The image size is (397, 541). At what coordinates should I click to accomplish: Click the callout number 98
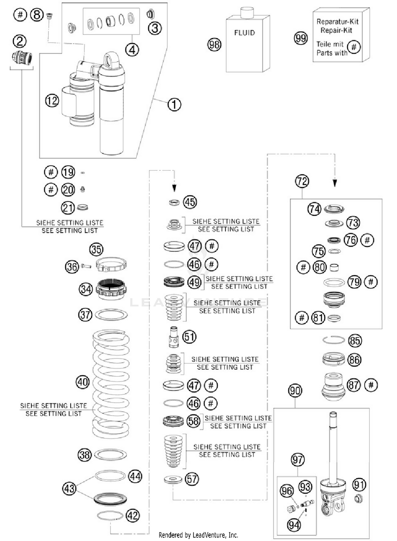[214, 45]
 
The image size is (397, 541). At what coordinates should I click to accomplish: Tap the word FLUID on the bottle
[245, 33]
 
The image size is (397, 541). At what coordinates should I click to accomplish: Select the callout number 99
[301, 38]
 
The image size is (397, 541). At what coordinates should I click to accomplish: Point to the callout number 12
[52, 101]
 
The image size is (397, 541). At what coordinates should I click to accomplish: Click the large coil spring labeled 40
[111, 383]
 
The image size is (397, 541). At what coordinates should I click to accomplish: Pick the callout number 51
[190, 337]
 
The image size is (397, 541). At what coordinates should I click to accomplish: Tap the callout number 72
[302, 181]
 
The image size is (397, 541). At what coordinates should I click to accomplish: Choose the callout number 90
[295, 391]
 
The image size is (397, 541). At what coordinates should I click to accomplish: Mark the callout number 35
[96, 249]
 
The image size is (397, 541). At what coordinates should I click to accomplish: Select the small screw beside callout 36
[86, 266]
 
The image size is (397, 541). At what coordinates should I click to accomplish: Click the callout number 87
[354, 385]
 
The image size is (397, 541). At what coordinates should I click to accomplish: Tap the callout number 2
[20, 41]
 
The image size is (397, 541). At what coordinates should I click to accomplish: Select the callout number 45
[190, 202]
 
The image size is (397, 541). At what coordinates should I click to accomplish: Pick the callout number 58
[193, 421]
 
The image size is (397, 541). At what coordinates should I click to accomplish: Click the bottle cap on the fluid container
[247, 12]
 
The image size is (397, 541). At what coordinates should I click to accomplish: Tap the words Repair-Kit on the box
[336, 30]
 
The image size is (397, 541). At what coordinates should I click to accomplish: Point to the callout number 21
[68, 208]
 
